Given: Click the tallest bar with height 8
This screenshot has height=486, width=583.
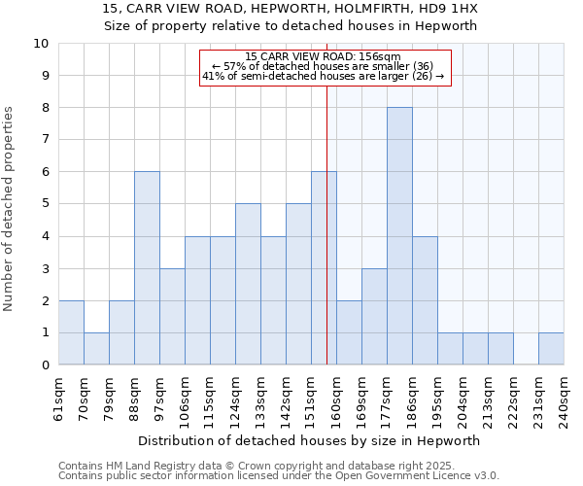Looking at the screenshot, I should pyautogui.click(x=399, y=236).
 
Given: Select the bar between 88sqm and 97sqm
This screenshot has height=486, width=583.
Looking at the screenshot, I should pyautogui.click(x=147, y=268).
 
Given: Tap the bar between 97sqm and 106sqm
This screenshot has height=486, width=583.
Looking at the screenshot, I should pyautogui.click(x=172, y=317).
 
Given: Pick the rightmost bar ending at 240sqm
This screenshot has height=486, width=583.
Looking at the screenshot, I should pyautogui.click(x=551, y=349).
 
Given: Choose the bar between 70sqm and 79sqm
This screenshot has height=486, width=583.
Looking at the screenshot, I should pyautogui.click(x=96, y=349).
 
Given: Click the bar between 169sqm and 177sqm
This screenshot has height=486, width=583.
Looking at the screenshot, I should pyautogui.click(x=374, y=317).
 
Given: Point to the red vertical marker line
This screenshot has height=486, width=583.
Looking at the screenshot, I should pyautogui.click(x=326, y=224).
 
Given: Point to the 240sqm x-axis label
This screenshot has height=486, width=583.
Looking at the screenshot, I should pyautogui.click(x=565, y=399).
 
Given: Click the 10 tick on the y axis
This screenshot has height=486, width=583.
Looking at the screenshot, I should pyautogui.click(x=41, y=44).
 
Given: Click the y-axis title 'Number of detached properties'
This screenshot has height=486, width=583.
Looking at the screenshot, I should pyautogui.click(x=10, y=210).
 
